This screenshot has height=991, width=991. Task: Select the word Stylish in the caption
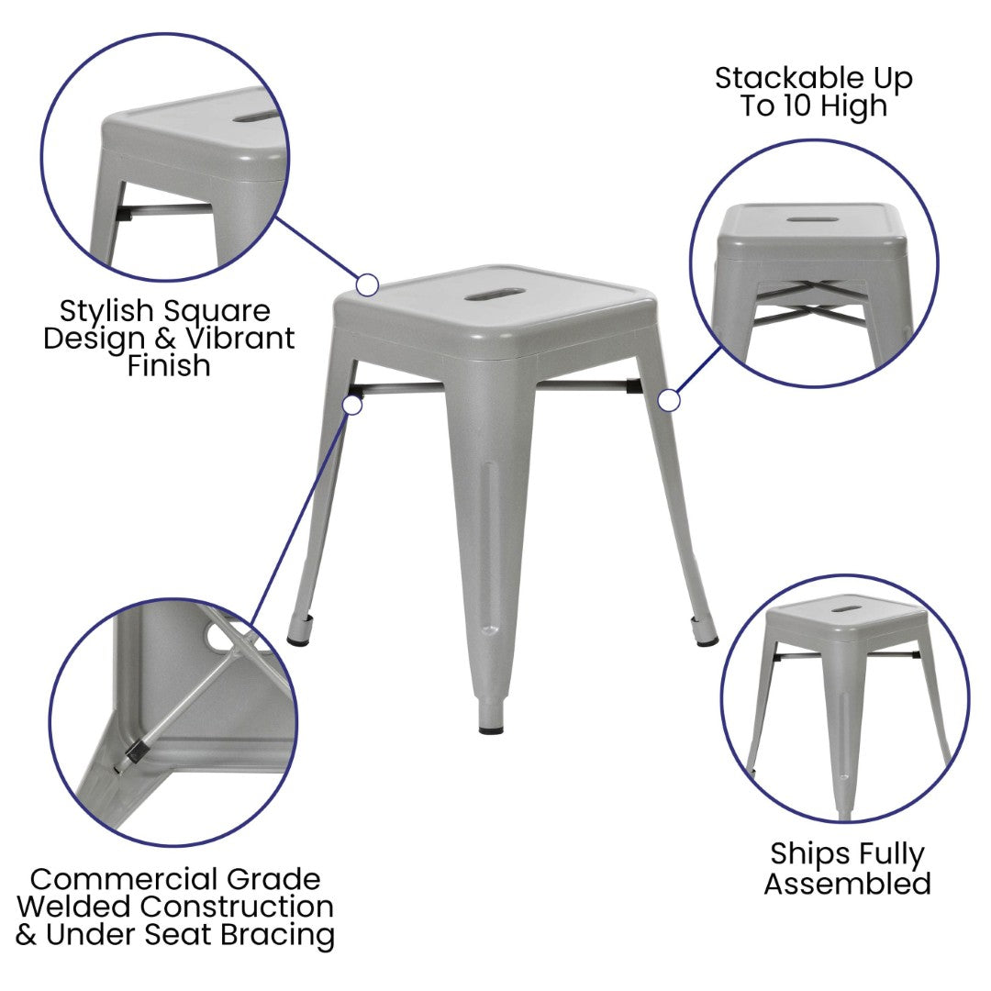click(106, 311)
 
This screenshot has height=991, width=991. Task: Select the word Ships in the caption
click(800, 854)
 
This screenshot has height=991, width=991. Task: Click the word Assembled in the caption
click(848, 883)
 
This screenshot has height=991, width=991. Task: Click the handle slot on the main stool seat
click(495, 295)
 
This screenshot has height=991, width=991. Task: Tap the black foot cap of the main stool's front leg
click(491, 729)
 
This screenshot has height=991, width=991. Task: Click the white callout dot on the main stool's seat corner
click(367, 285)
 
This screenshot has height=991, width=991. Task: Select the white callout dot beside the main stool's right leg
click(669, 401)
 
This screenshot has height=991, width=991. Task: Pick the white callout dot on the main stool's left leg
click(352, 405)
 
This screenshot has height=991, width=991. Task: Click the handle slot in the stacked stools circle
click(813, 220)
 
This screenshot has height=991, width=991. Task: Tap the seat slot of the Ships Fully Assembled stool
click(847, 609)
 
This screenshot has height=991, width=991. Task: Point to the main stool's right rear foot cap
click(704, 640)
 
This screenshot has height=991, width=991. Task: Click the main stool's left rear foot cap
click(299, 640)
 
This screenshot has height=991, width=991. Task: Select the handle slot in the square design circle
click(255, 117)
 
